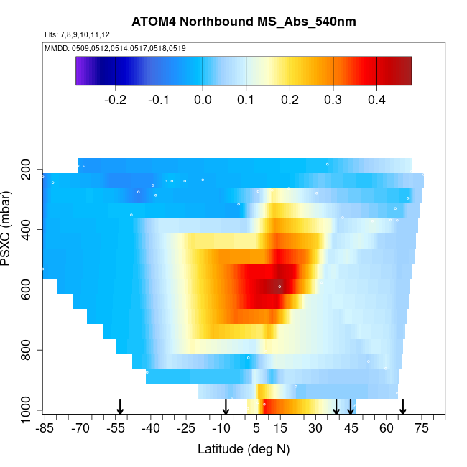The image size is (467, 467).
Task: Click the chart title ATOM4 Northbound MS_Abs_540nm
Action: [x=244, y=22]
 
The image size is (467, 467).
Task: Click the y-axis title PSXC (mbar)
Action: [x=9, y=228]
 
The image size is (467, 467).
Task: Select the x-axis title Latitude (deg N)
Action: [x=244, y=450]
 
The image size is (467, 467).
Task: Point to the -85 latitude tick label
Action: [x=45, y=429]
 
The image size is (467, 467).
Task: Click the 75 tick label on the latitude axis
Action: [x=422, y=429]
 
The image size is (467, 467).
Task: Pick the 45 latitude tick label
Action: [x=351, y=429]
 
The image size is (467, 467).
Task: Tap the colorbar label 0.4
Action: [x=376, y=100]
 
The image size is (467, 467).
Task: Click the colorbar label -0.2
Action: [x=115, y=100]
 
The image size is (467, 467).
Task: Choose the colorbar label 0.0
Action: [x=203, y=100]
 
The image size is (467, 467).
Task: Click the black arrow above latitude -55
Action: [x=121, y=407]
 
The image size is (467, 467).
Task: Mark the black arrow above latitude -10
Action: [x=226, y=407]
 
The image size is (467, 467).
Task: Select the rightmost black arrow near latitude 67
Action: [x=403, y=407]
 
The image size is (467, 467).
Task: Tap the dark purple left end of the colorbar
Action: [x=81, y=71]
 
